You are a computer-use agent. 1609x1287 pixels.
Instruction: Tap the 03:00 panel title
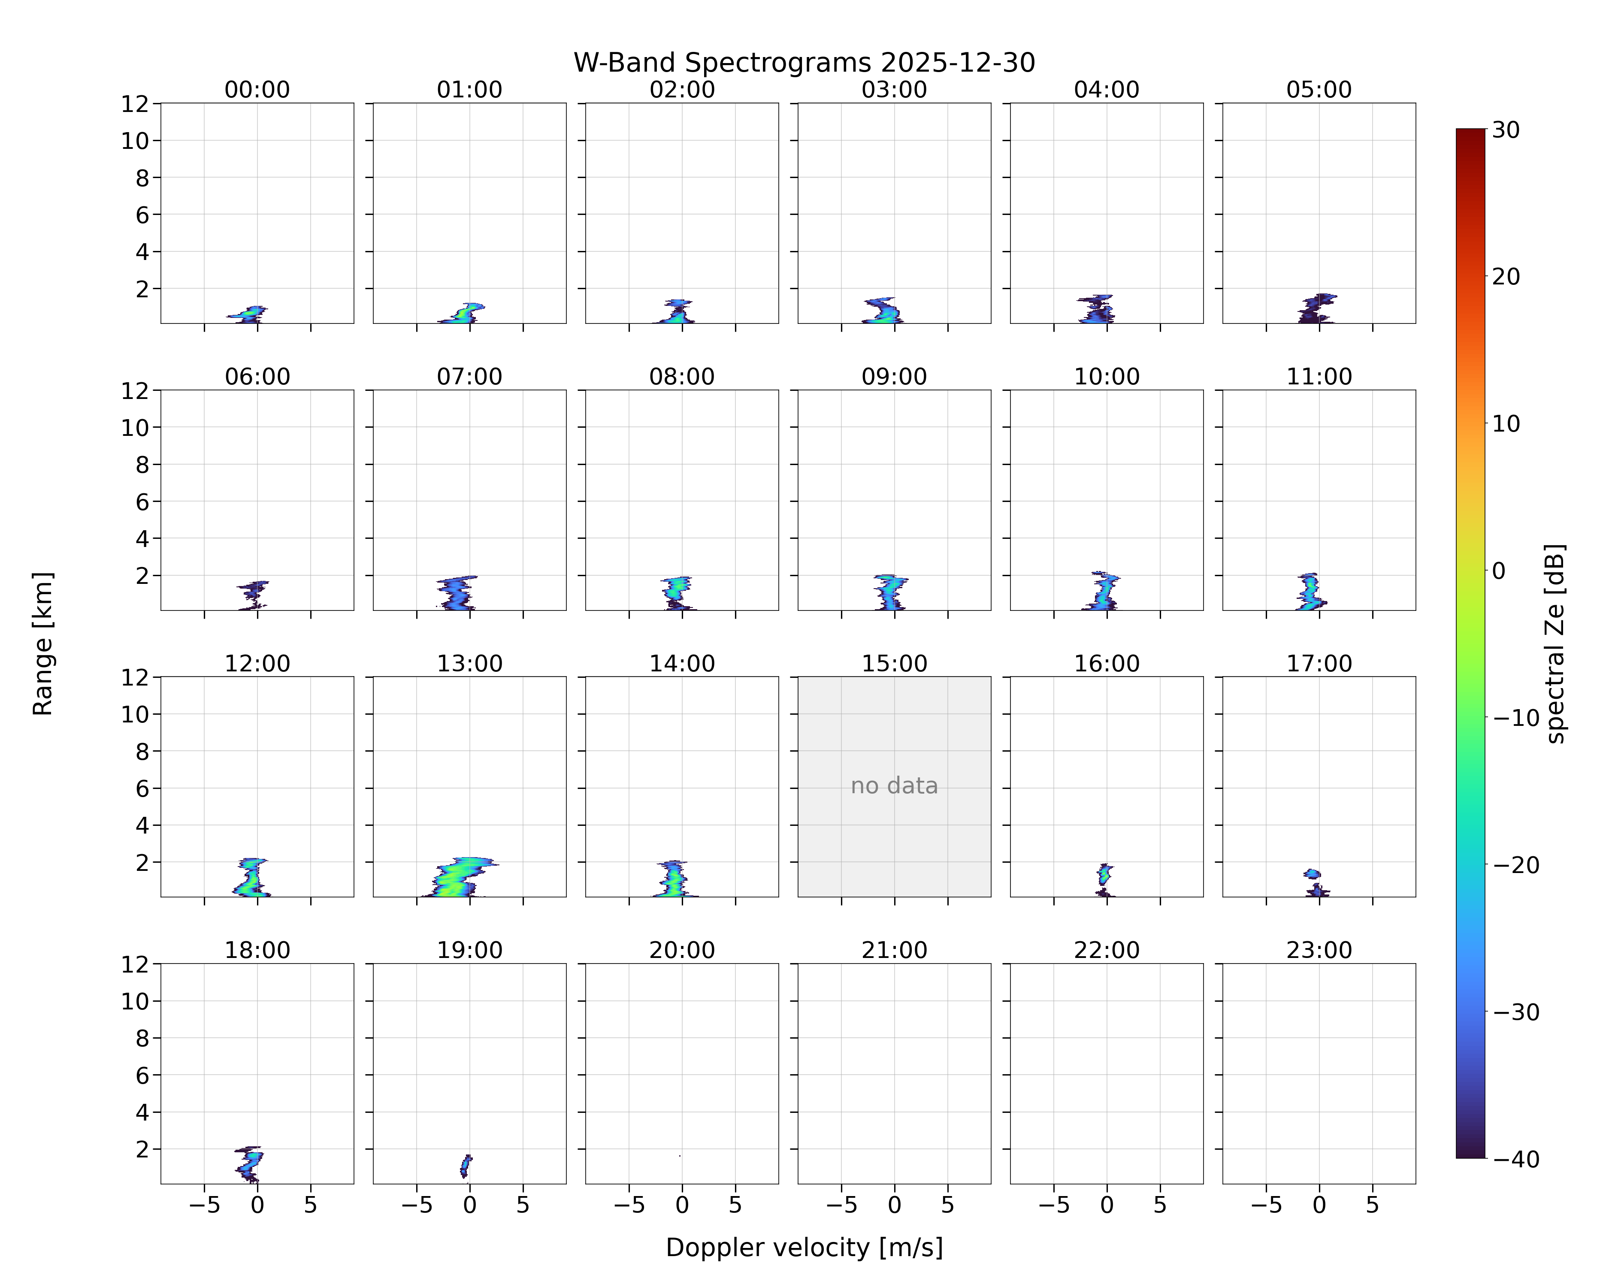tap(894, 90)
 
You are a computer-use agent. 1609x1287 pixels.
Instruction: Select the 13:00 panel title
tap(469, 663)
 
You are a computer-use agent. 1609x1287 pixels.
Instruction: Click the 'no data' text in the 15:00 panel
tap(894, 785)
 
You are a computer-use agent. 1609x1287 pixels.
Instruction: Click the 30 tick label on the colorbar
tap(1506, 130)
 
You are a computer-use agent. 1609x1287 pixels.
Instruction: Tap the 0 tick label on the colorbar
tap(1499, 571)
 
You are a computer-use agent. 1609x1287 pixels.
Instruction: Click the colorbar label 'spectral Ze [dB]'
tap(1555, 643)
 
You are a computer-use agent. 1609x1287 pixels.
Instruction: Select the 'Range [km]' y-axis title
tap(42, 643)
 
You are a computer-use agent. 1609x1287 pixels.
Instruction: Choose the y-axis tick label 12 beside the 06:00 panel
tap(135, 390)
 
